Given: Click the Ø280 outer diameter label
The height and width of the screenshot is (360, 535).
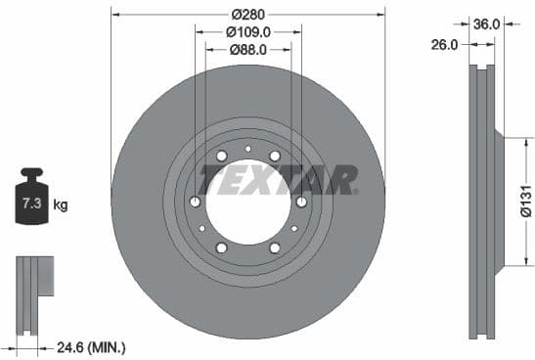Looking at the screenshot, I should coord(248,14).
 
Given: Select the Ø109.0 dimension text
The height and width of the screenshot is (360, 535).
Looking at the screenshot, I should coord(248,32).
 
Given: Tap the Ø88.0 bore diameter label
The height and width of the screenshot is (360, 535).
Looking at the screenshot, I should coord(248,52).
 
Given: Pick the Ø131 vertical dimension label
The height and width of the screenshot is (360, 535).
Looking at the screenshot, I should coord(524,201).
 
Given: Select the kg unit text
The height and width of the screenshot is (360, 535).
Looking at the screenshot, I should coord(61,205).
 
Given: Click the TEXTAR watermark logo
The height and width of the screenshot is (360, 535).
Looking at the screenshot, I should coord(279,180).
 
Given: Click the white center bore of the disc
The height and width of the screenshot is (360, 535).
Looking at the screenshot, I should coord(248,204).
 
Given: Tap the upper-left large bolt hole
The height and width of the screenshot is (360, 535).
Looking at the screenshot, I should coord(222,157).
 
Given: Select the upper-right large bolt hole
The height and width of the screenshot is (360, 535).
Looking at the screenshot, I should coord(275,157).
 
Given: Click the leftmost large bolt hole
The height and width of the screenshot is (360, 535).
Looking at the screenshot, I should coord(196,202).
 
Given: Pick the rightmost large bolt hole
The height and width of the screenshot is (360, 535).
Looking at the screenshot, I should coord(301,202).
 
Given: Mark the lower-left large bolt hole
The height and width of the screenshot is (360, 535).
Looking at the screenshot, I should coord(222,248).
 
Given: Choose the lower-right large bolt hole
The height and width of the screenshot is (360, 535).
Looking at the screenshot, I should coord(275,248).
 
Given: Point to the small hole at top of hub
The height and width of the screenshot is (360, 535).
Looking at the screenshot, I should coord(248,149).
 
